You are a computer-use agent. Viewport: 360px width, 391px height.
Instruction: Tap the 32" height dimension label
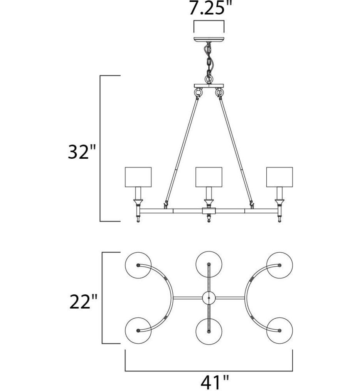pos(81,153)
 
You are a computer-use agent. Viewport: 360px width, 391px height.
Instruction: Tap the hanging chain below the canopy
pos(209,62)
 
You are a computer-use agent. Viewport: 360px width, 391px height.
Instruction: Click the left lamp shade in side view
pos(138,177)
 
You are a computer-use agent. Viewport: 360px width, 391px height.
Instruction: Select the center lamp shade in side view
pos(209,177)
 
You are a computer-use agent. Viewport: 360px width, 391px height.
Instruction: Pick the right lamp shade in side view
pos(279,177)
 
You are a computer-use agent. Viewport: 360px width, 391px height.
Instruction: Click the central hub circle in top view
pos(209,298)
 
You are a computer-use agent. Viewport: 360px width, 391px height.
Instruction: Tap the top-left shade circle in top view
pos(138,265)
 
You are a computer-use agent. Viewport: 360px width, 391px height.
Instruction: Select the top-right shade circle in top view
pos(279,265)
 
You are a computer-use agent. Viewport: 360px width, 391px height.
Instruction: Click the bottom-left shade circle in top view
pos(138,331)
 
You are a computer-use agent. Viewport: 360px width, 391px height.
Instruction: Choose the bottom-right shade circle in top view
pos(279,331)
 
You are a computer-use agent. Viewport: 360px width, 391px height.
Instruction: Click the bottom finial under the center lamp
pos(209,218)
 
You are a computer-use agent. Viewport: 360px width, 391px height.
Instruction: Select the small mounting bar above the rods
pos(209,86)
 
